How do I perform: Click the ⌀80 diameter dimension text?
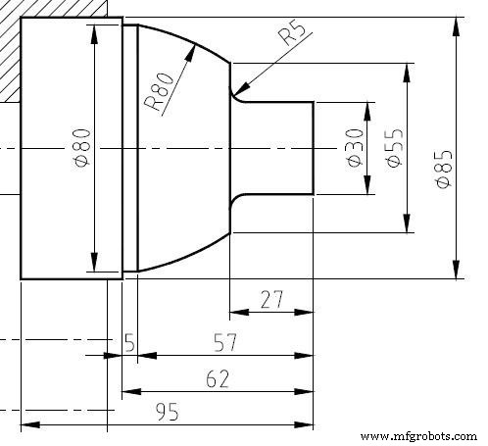(81, 147)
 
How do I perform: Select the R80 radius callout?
(159, 90)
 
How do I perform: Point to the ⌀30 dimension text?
(355, 147)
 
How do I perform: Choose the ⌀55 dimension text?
(394, 147)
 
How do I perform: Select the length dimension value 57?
(226, 343)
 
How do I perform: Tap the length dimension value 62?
(218, 378)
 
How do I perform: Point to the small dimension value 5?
(129, 343)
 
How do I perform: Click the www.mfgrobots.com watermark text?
(415, 434)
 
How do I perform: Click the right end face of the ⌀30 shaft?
(314, 147)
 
